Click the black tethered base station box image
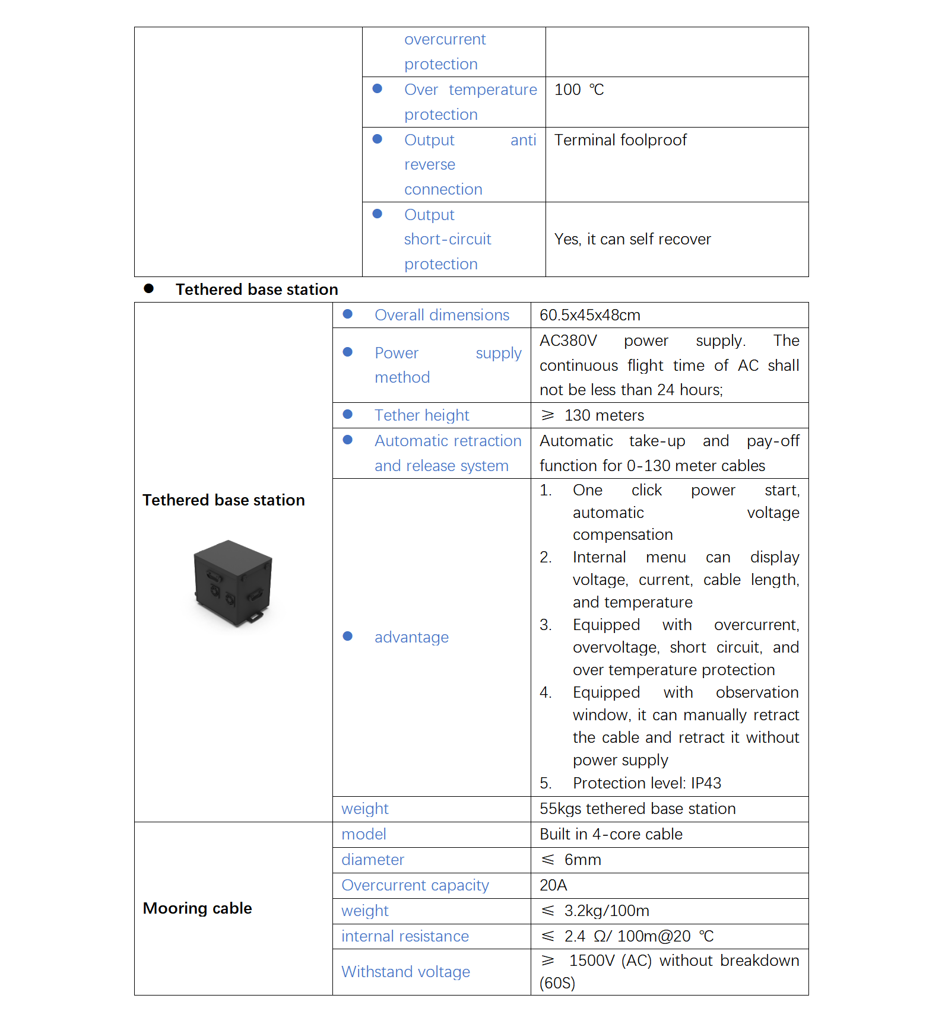(233, 583)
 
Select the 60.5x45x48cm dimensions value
(589, 315)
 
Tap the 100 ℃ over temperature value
(579, 90)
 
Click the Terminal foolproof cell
(620, 140)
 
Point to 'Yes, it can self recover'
(632, 239)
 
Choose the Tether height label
(421, 415)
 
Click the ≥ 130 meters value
(592, 415)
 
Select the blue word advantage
(411, 637)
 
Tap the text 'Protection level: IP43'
(646, 783)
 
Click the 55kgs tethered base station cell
(637, 809)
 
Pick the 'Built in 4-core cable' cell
(611, 834)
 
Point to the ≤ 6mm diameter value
(571, 860)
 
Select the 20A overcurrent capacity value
(553, 885)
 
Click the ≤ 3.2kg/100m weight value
(595, 911)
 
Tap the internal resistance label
(405, 936)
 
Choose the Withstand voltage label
(405, 972)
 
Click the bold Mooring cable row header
(197, 908)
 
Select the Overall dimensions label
(442, 315)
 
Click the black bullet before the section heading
(149, 289)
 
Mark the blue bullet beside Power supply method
(348, 352)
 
